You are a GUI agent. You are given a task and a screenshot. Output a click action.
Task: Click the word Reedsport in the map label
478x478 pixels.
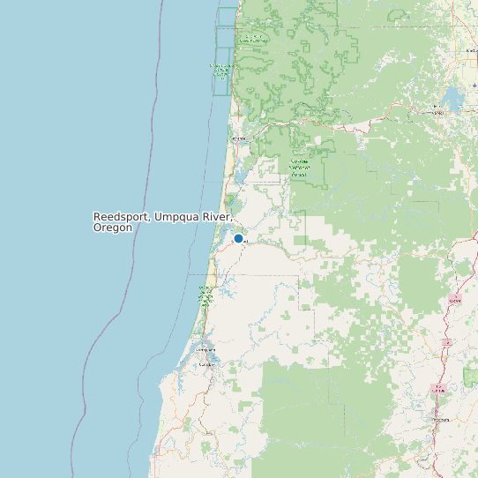[121, 216]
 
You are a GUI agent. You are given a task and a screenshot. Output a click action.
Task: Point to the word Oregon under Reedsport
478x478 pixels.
[113, 228]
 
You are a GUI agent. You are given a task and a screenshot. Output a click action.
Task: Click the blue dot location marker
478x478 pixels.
[238, 238]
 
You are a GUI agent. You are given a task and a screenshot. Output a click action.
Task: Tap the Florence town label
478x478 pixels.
[238, 138]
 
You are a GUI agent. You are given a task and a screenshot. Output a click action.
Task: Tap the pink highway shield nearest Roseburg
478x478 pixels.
[438, 389]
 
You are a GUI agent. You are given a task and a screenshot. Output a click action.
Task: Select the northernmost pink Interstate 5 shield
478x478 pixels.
[455, 300]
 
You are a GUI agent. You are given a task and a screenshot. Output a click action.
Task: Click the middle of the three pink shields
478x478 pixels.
[447, 340]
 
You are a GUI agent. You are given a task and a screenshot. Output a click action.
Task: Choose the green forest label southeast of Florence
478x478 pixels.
[299, 168]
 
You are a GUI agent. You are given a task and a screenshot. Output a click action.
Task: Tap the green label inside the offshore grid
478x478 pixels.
[222, 70]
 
